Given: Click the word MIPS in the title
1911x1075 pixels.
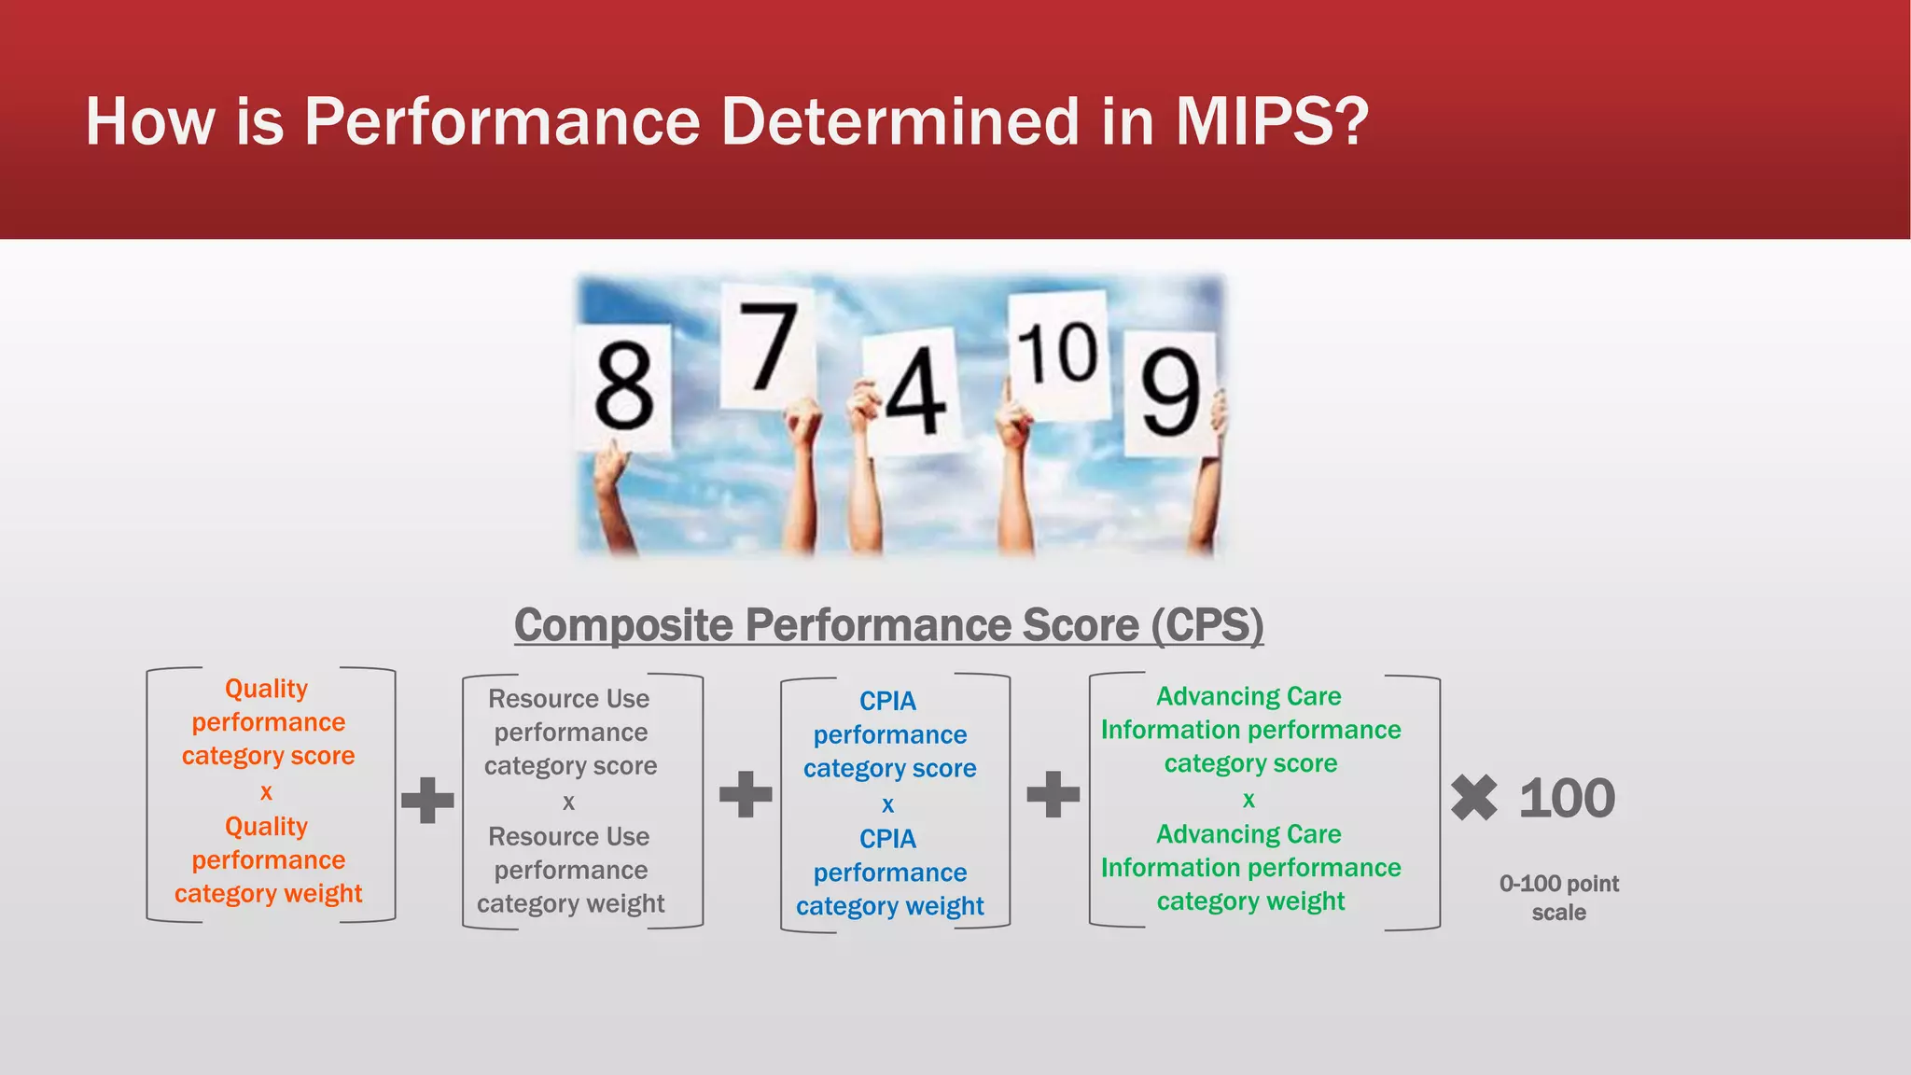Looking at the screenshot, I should pos(1271,121).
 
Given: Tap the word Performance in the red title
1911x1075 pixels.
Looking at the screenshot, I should pos(502,121).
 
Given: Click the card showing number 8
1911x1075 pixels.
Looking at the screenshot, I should pos(623,386).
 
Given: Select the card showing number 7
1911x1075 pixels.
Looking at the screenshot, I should pos(769,347).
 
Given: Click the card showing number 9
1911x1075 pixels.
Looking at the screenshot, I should pos(1170,392).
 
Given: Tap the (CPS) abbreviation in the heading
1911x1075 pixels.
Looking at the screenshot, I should pos(1207,625).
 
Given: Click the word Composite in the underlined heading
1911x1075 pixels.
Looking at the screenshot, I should pos(623,625).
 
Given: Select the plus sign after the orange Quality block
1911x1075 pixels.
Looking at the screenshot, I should pos(427,800).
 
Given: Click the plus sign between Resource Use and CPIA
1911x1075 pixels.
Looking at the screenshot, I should pos(746,794).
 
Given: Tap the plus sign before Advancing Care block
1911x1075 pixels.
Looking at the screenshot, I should pos(1053,794).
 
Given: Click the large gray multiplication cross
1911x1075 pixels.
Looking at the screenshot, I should pos(1473,799).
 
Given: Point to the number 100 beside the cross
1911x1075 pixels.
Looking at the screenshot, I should pos(1567,799).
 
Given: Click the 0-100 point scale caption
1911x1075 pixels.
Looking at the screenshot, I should pos(1558,898).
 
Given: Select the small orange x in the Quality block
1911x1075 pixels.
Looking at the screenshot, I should pos(266,792).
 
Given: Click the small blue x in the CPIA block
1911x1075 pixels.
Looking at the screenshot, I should pos(887,804).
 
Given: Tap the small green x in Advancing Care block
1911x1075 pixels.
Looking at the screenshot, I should pos(1248,800).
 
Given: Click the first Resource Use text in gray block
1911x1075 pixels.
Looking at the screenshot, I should pos(568,699).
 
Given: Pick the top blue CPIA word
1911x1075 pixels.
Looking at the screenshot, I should pos(887,701).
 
